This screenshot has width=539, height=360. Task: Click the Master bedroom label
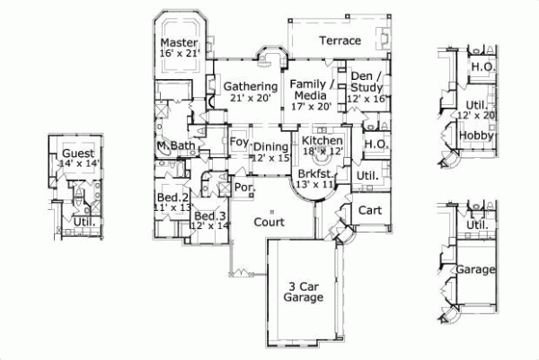(x=179, y=42)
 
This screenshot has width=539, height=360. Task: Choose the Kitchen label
(x=321, y=141)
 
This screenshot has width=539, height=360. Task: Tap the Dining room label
(x=270, y=146)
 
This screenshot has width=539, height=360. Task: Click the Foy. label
(x=238, y=142)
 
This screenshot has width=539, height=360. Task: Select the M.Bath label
(x=175, y=145)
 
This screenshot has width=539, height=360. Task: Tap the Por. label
(x=242, y=188)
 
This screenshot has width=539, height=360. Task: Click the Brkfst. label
(x=316, y=173)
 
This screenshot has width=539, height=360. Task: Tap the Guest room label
(x=75, y=154)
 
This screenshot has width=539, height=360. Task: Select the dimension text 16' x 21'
(x=179, y=54)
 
